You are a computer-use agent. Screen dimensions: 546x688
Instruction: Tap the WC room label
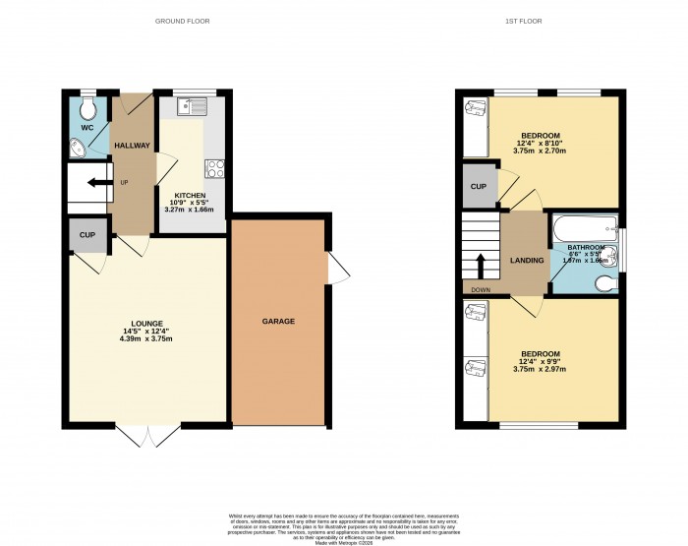click(86, 128)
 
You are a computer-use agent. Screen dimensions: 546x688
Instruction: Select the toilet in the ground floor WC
click(87, 105)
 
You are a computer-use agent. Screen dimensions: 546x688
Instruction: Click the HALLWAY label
click(132, 146)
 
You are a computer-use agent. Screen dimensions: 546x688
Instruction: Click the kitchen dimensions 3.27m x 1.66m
click(191, 210)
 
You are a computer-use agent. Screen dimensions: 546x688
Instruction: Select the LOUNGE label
click(147, 323)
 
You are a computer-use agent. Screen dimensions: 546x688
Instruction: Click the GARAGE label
click(278, 322)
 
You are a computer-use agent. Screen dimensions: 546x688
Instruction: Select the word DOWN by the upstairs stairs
click(481, 290)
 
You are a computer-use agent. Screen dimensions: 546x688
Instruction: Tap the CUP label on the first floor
click(479, 187)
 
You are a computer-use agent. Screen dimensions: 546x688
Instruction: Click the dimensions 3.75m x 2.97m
click(540, 371)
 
